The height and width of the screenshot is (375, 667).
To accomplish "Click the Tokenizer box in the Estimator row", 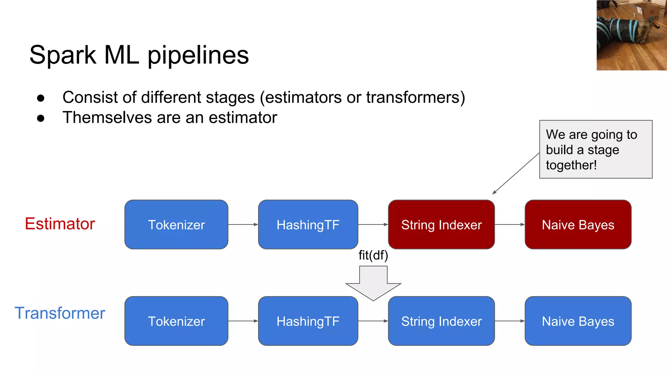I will point(176,225).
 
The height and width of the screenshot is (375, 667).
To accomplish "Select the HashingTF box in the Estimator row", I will point(308,225).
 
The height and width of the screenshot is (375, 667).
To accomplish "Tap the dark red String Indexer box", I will point(441,225).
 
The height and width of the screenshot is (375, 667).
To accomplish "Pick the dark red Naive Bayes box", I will point(578,225).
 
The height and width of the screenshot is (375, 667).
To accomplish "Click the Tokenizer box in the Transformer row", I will point(176,321).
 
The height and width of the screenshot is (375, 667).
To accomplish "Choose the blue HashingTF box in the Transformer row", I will point(308,321).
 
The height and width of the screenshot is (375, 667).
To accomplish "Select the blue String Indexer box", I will point(441,321).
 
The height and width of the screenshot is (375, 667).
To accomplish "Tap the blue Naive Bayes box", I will point(578,321).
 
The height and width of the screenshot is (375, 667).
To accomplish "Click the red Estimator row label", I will point(60,224).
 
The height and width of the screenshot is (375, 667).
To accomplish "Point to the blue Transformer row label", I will point(60,313).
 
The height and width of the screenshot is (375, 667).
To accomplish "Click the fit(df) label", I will point(373,255).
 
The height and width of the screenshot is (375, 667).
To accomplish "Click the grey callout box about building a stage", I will point(595,149).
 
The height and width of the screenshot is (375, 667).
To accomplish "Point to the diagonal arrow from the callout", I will point(516,174).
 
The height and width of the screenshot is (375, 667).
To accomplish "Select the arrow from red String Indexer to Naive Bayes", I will point(510,225).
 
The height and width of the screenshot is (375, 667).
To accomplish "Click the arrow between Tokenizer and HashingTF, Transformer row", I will point(243,321).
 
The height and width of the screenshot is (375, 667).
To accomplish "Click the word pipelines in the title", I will point(198,55).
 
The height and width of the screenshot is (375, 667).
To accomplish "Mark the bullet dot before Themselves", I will point(41,118).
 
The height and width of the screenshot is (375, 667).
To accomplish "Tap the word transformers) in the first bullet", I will point(415,97).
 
